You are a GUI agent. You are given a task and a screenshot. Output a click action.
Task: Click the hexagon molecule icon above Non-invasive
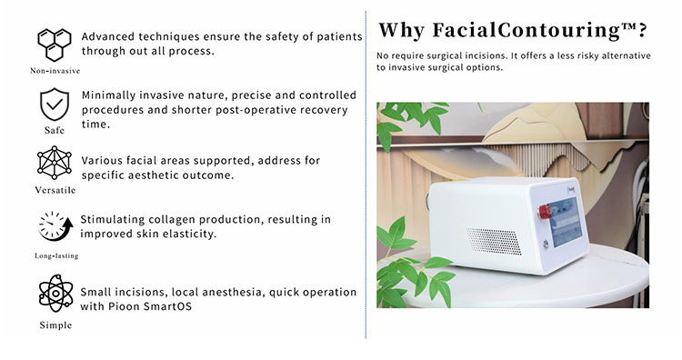pos(55,45)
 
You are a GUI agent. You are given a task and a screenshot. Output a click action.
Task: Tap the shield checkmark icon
pos(55,106)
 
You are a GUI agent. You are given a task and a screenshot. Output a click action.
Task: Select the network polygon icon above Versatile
pos(55,165)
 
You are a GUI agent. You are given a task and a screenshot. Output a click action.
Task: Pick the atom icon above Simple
pos(55,293)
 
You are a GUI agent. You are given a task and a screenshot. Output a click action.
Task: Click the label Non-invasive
pos(55,70)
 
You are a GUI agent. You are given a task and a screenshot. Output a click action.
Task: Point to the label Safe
pos(55,130)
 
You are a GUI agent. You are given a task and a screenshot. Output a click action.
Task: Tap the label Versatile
pos(55,191)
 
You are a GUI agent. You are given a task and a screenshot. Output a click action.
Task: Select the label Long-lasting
pos(55,256)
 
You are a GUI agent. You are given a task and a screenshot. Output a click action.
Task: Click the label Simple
pos(55,325)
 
